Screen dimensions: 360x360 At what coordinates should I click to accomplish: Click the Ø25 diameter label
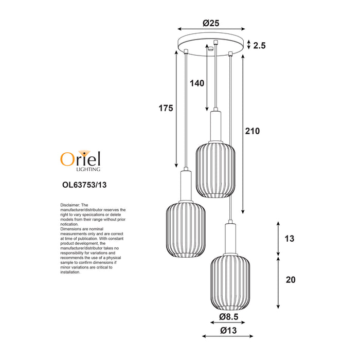point(211,23)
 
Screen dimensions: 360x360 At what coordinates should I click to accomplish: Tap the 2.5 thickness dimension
point(259,45)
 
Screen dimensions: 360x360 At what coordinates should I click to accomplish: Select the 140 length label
point(197,83)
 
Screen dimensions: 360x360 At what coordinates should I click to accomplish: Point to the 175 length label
point(166,108)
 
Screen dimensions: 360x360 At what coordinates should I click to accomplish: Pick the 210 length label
point(253,131)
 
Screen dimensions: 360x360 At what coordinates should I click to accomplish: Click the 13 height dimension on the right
point(289,239)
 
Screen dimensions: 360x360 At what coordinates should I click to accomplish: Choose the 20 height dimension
point(291,280)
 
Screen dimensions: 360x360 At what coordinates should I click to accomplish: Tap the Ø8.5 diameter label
point(229,317)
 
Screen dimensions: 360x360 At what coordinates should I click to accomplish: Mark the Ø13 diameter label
point(228,330)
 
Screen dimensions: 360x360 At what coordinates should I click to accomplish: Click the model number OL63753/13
point(84,185)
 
